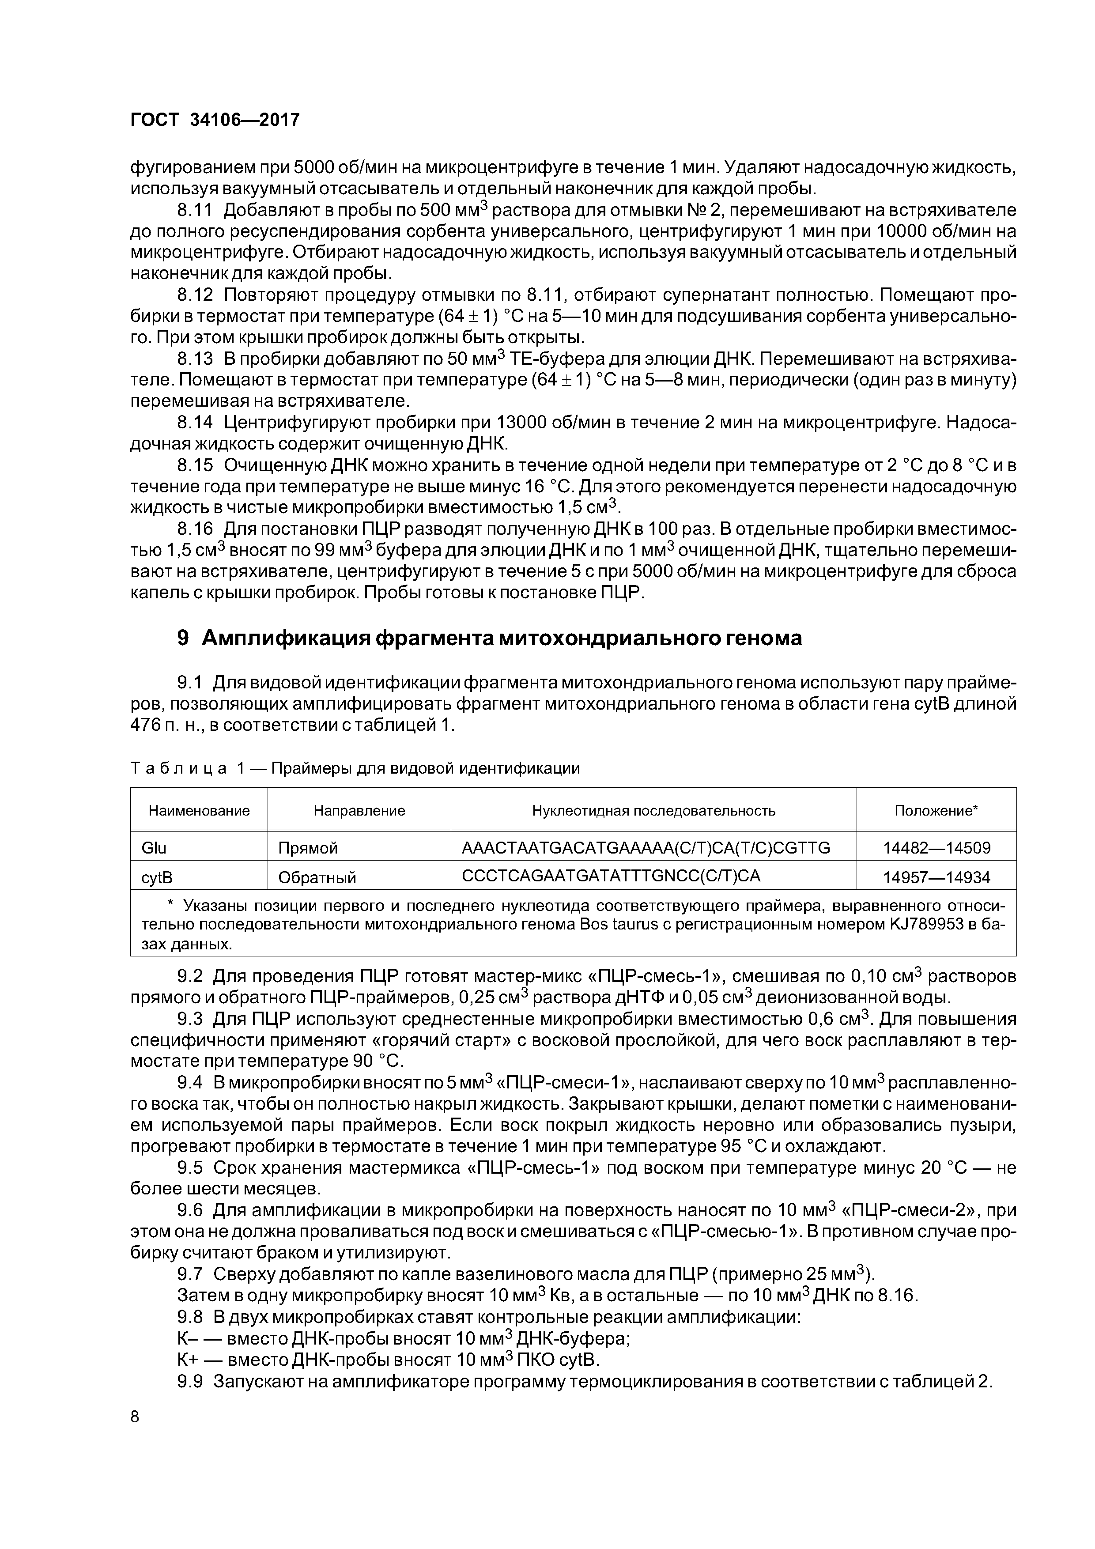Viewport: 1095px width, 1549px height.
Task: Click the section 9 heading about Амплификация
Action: (x=489, y=638)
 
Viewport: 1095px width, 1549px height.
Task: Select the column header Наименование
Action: (x=199, y=810)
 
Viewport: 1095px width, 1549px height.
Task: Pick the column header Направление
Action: (x=359, y=810)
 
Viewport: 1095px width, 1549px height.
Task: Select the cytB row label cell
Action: (x=157, y=877)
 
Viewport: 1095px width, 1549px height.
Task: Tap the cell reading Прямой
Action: (x=308, y=848)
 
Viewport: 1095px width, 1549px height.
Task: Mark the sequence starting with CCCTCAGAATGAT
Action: (x=611, y=876)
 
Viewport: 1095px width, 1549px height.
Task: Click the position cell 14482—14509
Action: (x=936, y=848)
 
